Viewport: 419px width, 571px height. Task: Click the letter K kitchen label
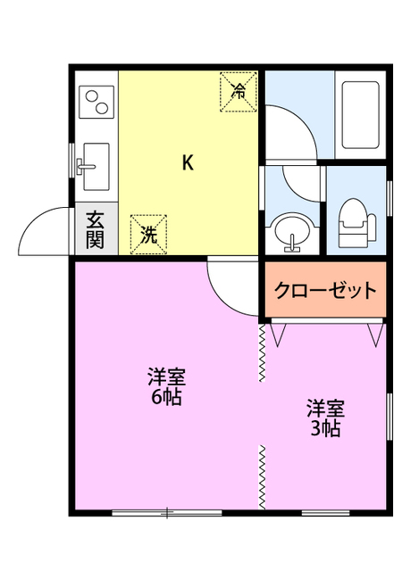(x=188, y=162)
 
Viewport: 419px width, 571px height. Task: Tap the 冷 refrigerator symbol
(x=239, y=89)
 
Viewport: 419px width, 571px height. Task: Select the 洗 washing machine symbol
(x=148, y=234)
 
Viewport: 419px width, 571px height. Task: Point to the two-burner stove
(x=97, y=102)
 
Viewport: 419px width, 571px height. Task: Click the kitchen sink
(x=92, y=166)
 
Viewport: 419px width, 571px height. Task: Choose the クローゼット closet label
(x=325, y=290)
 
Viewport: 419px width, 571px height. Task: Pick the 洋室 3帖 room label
(x=325, y=418)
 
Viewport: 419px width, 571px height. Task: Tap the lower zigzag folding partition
(x=262, y=477)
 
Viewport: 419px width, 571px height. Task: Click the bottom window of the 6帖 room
(x=166, y=512)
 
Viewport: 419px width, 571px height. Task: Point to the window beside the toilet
(x=390, y=198)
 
